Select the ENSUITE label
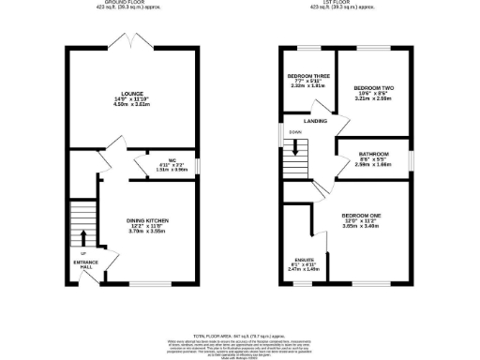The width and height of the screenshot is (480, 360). [x=307, y=260]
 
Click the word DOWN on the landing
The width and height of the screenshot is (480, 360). [x=295, y=132]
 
